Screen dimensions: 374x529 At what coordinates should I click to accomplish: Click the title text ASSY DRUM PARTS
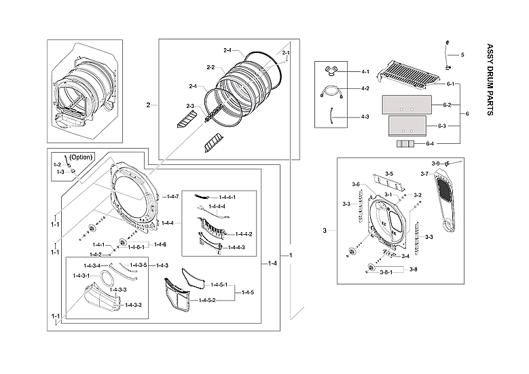(x=490, y=80)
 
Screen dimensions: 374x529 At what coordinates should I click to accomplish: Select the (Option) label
(x=81, y=157)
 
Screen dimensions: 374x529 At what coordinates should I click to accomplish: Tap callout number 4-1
(x=365, y=72)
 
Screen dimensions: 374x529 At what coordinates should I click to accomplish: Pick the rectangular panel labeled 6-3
(x=406, y=126)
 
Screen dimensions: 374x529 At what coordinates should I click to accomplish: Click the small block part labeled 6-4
(x=405, y=144)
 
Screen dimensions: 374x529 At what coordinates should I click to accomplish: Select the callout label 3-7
(x=424, y=174)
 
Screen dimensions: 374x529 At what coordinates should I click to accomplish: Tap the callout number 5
(x=462, y=54)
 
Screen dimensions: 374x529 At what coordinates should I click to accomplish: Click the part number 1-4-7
(x=171, y=196)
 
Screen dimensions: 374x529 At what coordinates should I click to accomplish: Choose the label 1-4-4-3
(x=244, y=247)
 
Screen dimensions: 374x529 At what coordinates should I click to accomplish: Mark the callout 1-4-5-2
(x=204, y=300)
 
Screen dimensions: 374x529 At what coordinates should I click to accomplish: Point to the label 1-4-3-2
(x=132, y=305)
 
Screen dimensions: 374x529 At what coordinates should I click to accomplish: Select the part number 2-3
(x=190, y=106)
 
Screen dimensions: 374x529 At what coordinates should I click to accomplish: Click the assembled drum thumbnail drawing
(x=85, y=92)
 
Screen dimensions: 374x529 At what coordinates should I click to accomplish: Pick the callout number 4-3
(x=365, y=117)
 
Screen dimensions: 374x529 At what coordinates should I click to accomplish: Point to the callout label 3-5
(x=388, y=174)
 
